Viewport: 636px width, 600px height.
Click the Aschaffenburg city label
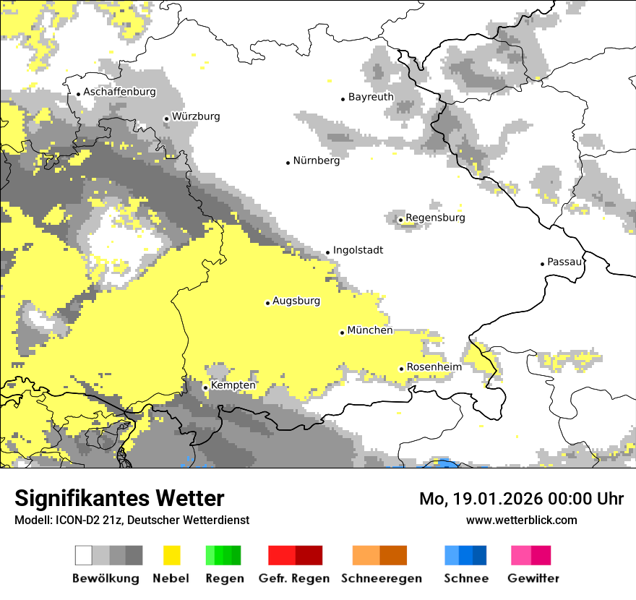pos(119,92)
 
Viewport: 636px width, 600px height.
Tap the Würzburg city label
pos(196,116)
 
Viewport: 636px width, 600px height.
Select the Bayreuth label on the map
pos(371,97)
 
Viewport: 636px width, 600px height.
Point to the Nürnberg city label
pos(316,160)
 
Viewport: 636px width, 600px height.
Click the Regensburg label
pos(435,218)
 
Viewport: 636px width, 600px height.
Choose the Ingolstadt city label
pos(358,250)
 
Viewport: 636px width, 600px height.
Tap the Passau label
pos(564,262)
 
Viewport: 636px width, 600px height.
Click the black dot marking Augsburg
pos(267,303)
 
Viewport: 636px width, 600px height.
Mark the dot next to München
pos(342,333)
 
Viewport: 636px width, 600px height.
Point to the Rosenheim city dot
pos(401,369)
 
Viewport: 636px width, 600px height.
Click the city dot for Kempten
pos(205,387)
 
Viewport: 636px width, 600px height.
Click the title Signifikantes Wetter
pos(119,499)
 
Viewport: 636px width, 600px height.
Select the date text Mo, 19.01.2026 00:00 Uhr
pos(521,499)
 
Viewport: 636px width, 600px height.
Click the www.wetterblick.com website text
pos(521,520)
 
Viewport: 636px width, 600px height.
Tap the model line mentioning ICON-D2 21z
pos(132,520)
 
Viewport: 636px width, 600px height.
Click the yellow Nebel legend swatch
pos(172,555)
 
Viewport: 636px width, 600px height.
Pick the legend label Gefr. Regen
pos(294,578)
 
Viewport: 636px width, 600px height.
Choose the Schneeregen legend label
pos(381,578)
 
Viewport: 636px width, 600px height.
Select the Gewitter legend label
pos(533,578)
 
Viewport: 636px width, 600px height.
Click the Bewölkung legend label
pos(106,578)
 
